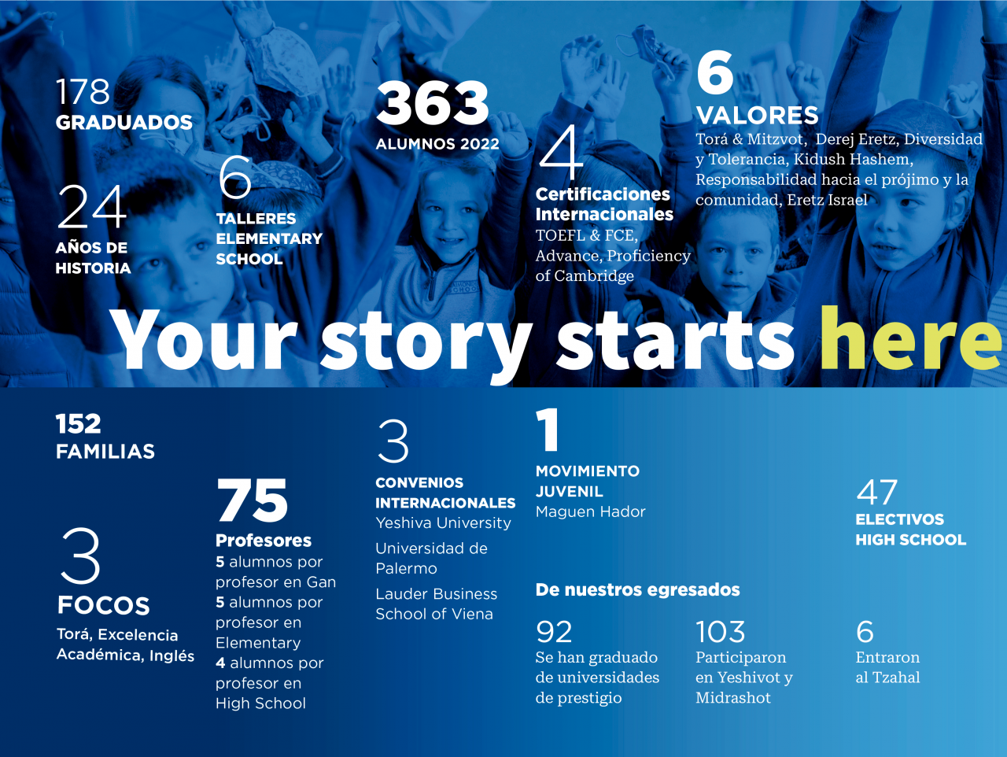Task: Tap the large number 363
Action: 433,103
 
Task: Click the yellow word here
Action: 911,338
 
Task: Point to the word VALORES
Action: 758,115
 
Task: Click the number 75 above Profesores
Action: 253,500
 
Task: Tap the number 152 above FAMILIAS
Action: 79,423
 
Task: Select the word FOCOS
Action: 104,605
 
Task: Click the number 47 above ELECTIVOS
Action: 876,492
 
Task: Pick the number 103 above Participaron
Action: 721,632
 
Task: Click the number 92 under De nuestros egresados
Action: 554,632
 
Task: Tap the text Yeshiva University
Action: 443,523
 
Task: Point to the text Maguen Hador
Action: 591,511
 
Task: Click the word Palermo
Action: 406,569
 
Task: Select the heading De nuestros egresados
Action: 638,590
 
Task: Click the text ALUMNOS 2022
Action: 437,144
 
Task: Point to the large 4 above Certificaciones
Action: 561,153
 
